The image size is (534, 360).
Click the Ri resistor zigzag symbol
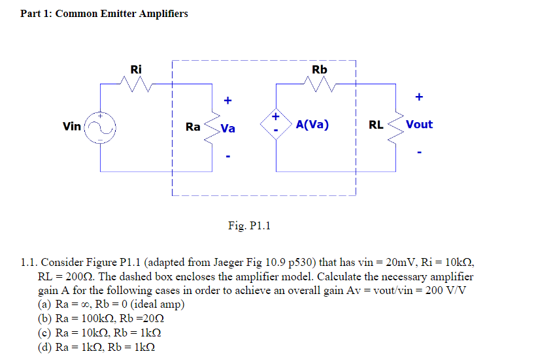tap(136, 84)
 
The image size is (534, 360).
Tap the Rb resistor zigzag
tap(320, 84)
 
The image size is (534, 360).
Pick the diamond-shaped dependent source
tap(275, 124)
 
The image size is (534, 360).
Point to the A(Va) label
tap(312, 124)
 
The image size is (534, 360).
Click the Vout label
tap(419, 124)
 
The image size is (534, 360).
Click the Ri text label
tap(136, 69)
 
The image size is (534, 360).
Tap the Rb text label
tap(320, 69)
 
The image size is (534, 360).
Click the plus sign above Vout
tap(419, 97)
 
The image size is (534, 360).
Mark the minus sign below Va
tap(227, 156)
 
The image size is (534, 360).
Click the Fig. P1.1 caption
tap(249, 226)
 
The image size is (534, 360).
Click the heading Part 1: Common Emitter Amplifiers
tap(104, 13)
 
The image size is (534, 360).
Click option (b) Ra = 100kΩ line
tap(101, 319)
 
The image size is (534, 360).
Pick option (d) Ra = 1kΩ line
tap(97, 347)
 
